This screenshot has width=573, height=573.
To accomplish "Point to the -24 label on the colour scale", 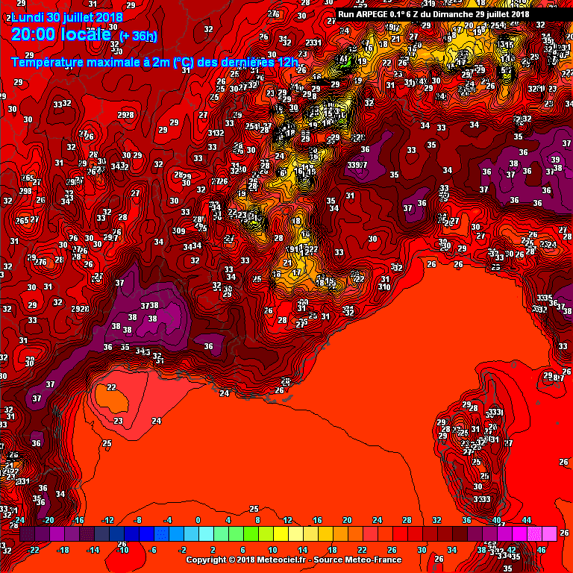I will pyautogui.click(x=20, y=520).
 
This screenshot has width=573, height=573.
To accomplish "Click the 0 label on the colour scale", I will pyautogui.click(x=198, y=520).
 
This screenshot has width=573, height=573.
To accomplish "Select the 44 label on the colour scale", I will pyautogui.click(x=526, y=520).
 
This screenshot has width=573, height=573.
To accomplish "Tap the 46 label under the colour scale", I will pyautogui.click(x=541, y=550).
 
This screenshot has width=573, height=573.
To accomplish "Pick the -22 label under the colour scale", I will pyautogui.click(x=34, y=550).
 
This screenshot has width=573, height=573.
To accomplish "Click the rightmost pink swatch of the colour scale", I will pyautogui.click(x=549, y=534).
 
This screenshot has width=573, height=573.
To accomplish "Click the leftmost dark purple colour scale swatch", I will pyautogui.click(x=27, y=534).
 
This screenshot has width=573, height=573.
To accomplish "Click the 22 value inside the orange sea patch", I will pyautogui.click(x=111, y=387).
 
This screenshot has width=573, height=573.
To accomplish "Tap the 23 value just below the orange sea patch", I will pyautogui.click(x=118, y=421).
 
